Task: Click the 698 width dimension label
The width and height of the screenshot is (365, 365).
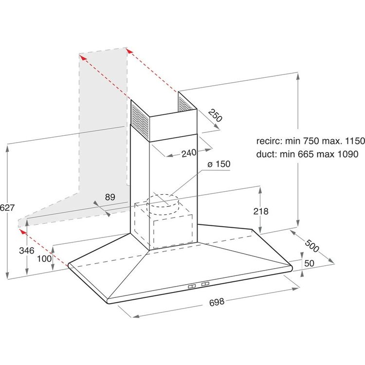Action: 217,302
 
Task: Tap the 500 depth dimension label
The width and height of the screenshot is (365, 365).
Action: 311,246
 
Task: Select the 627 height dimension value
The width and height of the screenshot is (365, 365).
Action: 7,207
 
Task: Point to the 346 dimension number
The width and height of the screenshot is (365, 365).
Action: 27,251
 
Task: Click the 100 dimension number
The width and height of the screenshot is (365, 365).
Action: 44,258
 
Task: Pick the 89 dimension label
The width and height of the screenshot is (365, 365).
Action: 110,197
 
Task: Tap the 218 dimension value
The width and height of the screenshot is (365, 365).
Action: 261,211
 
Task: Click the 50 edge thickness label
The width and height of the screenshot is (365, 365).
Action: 309,263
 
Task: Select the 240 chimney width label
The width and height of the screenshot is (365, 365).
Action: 189,153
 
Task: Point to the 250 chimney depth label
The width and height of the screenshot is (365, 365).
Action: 215,115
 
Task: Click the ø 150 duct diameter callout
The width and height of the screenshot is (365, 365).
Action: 219,164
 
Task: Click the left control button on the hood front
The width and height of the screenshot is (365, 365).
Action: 192,286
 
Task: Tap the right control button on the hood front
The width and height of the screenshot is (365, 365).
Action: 205,284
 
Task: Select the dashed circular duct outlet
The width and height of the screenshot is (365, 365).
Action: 163,205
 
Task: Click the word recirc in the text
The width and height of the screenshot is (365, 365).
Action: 268,141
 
